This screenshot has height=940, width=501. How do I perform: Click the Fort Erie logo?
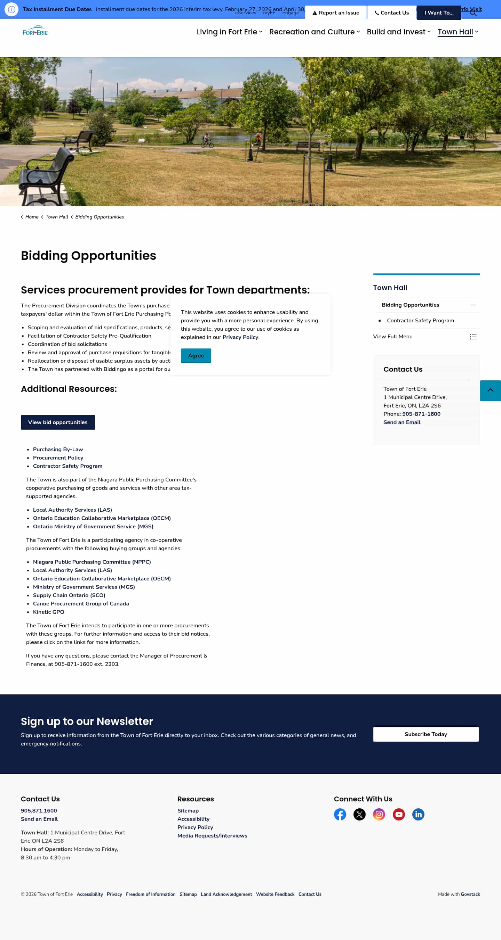[35, 31]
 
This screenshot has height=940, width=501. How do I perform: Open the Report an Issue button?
[335, 13]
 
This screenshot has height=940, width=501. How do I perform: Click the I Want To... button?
[438, 13]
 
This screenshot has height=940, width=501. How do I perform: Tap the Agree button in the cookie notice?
[196, 355]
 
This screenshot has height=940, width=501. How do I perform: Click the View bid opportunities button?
[58, 422]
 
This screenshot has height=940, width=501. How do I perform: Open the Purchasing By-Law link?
[58, 449]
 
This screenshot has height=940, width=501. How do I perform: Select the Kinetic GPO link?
[49, 612]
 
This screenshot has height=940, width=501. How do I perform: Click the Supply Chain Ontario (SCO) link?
[69, 595]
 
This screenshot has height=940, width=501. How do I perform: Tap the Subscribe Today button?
[426, 734]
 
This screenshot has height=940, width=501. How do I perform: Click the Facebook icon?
[340, 815]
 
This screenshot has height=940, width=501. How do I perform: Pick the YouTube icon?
[399, 815]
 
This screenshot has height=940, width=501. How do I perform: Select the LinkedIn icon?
[418, 815]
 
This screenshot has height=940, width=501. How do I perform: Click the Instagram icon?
[379, 815]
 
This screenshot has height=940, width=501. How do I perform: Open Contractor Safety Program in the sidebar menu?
[420, 320]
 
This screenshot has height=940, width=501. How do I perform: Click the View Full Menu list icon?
[473, 337]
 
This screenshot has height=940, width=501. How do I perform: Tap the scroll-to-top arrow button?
[491, 390]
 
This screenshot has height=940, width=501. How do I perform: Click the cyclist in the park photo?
[207, 140]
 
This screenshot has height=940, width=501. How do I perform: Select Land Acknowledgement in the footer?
[226, 894]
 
